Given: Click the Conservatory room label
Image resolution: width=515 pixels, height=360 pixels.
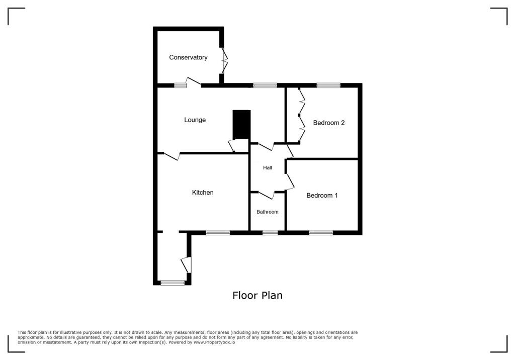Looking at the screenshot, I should [x=188, y=57].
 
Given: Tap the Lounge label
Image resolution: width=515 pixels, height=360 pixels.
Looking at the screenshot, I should [x=195, y=120].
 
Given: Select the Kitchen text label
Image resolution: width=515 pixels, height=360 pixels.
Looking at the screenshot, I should [x=203, y=193].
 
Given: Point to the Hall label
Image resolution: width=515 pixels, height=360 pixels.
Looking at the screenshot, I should [x=268, y=168].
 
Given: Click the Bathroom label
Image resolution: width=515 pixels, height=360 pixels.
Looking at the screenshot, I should [x=267, y=212].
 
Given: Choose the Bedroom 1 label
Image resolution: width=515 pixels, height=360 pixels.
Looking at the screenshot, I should [x=322, y=196].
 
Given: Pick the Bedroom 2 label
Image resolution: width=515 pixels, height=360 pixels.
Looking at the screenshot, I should [x=328, y=123].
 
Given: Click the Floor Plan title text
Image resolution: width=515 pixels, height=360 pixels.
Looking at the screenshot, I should [x=257, y=296].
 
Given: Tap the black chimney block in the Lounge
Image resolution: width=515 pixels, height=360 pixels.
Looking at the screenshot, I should [x=241, y=124].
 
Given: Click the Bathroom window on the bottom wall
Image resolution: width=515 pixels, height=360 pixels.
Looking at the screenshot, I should [x=270, y=232].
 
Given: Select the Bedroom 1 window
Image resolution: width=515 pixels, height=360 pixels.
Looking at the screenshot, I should [x=321, y=232].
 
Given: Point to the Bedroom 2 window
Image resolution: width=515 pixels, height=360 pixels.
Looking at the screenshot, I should [x=328, y=85].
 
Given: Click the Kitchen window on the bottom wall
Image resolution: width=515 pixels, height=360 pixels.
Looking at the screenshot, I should [x=218, y=232].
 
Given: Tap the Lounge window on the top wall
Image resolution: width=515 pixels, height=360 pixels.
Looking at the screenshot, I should [x=265, y=85].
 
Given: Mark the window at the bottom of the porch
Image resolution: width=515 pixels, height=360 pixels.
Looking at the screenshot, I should [x=173, y=283].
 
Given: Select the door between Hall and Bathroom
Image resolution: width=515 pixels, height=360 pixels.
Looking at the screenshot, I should [x=266, y=194].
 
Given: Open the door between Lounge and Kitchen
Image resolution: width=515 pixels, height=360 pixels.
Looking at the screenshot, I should [x=171, y=156].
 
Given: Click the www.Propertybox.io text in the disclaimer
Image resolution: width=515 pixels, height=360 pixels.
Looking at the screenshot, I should [x=214, y=342].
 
